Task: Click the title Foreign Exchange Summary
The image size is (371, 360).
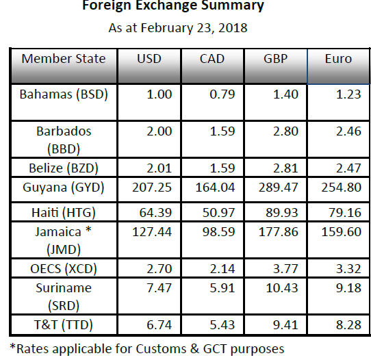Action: (x=172, y=7)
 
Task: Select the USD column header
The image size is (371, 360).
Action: (x=149, y=59)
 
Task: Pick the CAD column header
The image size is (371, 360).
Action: (x=212, y=59)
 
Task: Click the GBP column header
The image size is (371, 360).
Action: (x=275, y=59)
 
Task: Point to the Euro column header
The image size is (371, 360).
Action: (x=338, y=59)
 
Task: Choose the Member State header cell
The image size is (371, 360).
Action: (x=64, y=59)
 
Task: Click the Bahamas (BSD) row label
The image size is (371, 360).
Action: (x=64, y=94)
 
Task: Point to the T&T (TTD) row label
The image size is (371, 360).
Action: (x=64, y=324)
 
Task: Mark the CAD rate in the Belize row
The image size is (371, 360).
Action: (x=220, y=166)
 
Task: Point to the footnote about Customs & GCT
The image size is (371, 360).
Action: (x=146, y=348)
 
